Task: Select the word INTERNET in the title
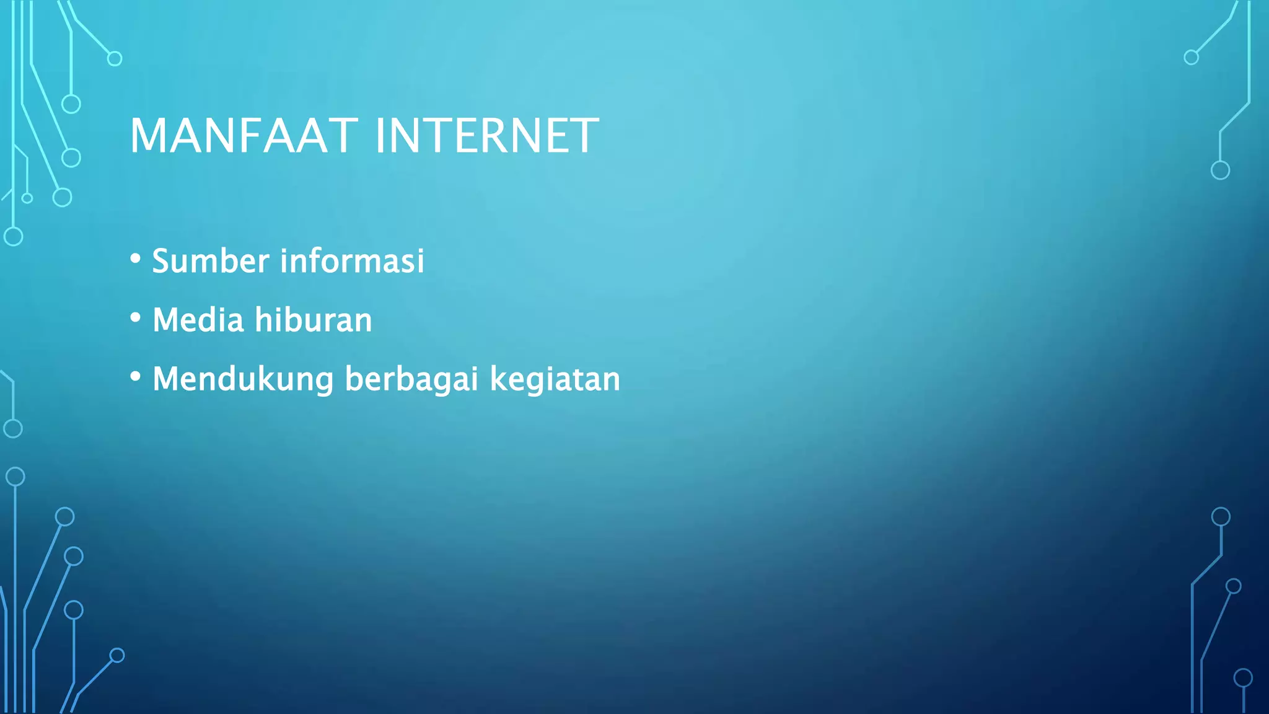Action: click(487, 136)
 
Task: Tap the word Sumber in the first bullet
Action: click(211, 260)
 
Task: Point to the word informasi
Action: click(352, 260)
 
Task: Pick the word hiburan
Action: click(314, 320)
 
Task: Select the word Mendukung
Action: click(243, 379)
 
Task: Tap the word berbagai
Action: click(411, 379)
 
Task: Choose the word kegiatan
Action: click(555, 379)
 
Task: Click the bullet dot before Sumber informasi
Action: click(136, 258)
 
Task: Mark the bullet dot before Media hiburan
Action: click(136, 318)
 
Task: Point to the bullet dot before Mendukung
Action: click(136, 377)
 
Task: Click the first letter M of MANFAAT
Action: click(146, 136)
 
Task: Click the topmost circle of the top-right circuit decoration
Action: click(1191, 58)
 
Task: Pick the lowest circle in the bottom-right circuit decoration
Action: click(1243, 677)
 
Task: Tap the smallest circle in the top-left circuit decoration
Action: click(27, 198)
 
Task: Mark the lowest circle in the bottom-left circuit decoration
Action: click(117, 655)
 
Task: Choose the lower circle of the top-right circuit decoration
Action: click(1220, 170)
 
